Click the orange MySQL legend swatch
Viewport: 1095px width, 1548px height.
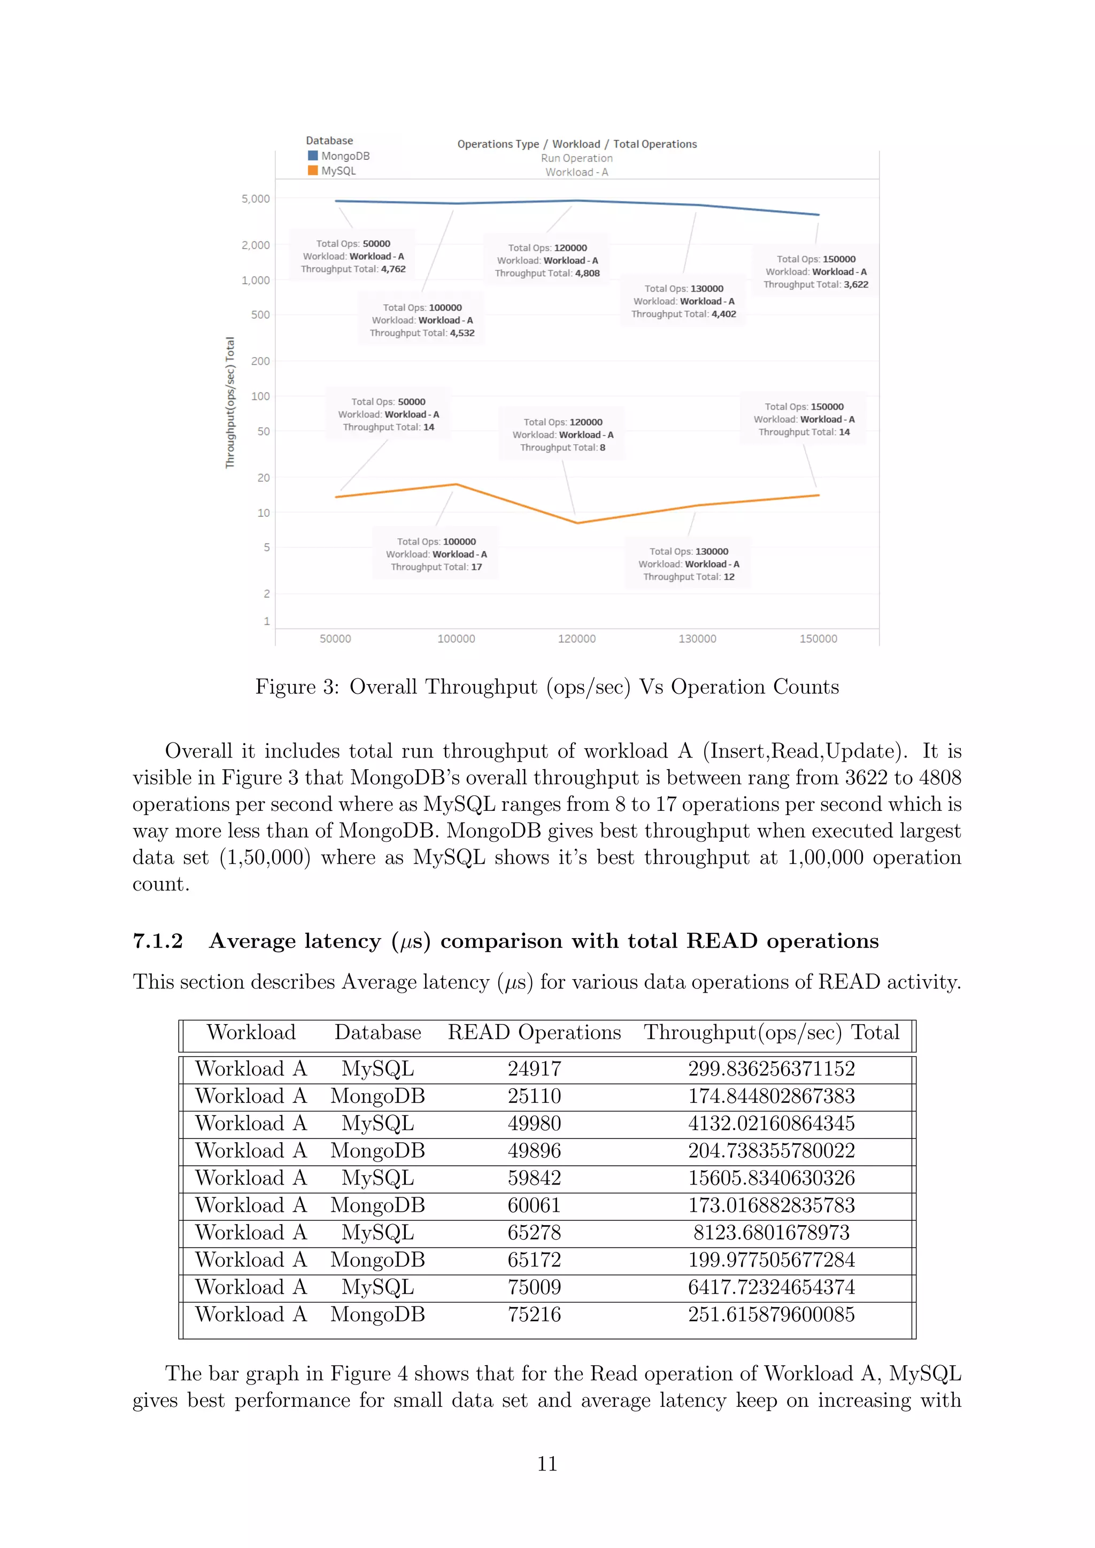(x=313, y=171)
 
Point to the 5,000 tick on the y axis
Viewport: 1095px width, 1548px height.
(x=256, y=199)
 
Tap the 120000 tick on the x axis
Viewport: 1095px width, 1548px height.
(x=576, y=638)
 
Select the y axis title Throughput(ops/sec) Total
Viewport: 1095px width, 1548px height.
(x=230, y=403)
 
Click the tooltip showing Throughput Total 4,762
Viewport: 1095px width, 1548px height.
(x=353, y=256)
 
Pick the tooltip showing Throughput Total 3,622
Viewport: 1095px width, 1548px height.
(x=815, y=272)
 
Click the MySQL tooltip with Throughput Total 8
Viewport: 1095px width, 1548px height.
(x=562, y=435)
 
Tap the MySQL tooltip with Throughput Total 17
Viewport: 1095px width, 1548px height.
(x=436, y=554)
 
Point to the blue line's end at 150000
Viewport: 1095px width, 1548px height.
(x=819, y=215)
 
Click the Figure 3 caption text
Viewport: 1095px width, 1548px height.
(x=547, y=687)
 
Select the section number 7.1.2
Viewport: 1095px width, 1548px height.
(x=158, y=941)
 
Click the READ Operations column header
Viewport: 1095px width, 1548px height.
(x=534, y=1033)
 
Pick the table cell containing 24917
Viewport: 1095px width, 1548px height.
(x=534, y=1069)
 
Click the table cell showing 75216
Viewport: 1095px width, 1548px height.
(x=534, y=1315)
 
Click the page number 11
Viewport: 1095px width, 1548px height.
(x=547, y=1464)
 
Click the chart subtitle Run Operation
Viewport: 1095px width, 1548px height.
(x=576, y=158)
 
